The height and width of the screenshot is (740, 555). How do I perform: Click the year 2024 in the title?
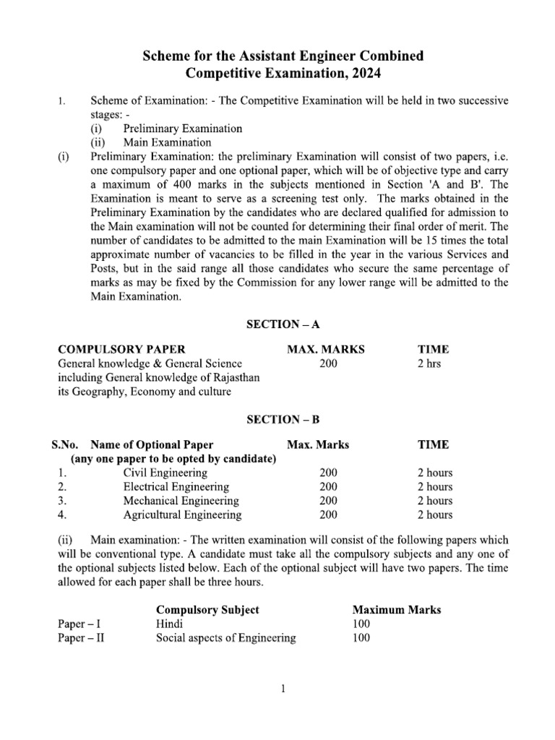[x=365, y=73]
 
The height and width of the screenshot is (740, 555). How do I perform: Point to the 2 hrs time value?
[x=429, y=363]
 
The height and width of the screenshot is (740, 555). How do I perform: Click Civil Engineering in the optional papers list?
[x=165, y=473]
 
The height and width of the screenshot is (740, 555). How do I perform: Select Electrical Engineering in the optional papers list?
[x=176, y=487]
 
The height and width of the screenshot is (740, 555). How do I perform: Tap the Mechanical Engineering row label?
[x=181, y=501]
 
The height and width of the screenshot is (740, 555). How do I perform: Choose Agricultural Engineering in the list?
[x=182, y=515]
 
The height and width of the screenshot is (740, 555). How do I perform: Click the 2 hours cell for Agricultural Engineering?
[x=435, y=515]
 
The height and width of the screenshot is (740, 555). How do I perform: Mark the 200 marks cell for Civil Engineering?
[x=328, y=473]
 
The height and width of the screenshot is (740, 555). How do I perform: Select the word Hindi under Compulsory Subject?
[x=170, y=624]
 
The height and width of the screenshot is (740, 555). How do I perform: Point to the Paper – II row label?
[x=81, y=638]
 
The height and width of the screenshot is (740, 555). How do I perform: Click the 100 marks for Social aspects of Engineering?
[x=361, y=638]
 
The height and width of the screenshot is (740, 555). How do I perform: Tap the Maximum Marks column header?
[x=396, y=609]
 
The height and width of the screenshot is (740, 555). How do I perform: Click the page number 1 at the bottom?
[x=284, y=689]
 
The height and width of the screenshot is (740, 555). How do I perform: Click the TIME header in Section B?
[x=433, y=444]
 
